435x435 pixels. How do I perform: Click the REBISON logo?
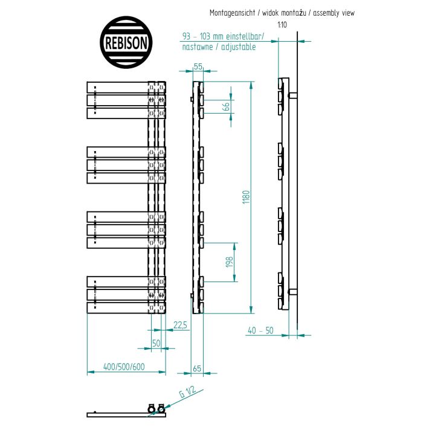click(126, 42)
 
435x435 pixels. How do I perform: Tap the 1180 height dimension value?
click(246, 197)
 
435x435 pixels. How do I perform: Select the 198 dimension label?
click(230, 262)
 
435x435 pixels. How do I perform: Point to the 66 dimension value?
click(227, 106)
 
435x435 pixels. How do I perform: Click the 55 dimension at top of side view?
click(198, 67)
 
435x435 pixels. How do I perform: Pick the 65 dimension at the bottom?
click(197, 369)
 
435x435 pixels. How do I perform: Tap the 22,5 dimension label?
click(180, 325)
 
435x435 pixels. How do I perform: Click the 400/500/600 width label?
click(124, 367)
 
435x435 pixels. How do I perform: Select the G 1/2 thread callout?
click(187, 391)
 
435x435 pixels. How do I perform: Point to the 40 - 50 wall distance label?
click(260, 330)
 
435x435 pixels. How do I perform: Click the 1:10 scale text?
click(282, 25)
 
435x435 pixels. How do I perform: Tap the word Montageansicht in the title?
click(232, 13)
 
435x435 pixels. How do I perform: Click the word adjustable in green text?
click(238, 47)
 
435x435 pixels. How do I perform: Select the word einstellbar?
click(245, 36)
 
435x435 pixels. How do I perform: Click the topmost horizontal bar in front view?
click(126, 88)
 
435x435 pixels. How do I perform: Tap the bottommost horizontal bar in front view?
click(126, 308)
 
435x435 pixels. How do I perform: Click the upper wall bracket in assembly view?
click(293, 95)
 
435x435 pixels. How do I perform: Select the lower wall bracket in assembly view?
click(293, 292)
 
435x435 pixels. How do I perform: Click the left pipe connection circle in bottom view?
click(151, 409)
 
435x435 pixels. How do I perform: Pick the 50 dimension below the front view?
click(156, 343)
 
